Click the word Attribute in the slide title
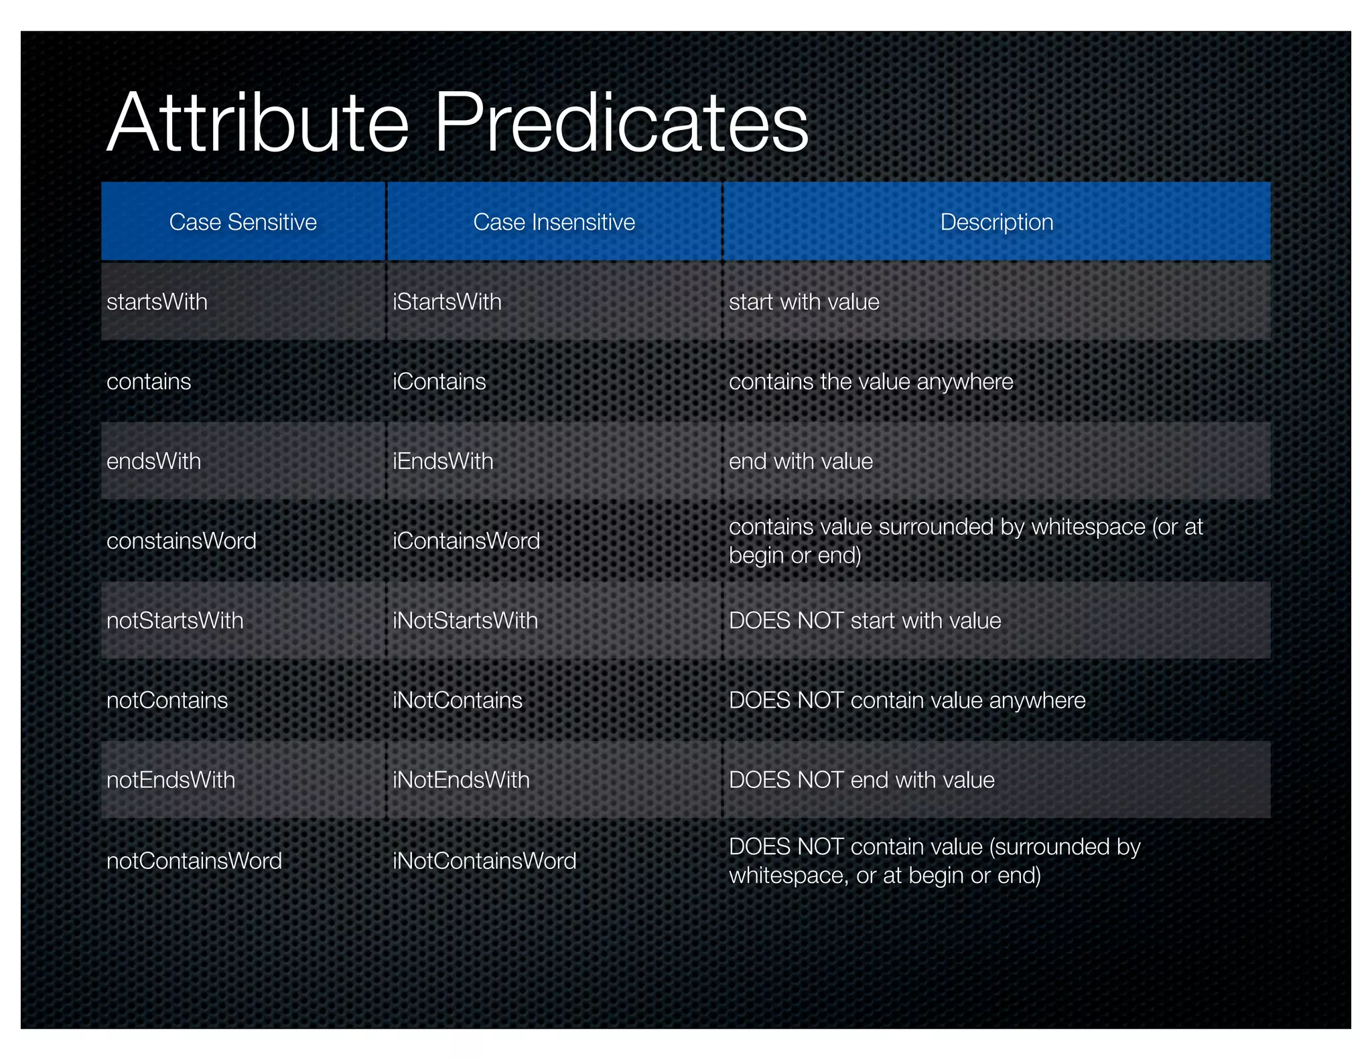258,123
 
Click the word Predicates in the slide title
621,123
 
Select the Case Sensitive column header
243,222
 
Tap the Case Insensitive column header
554,222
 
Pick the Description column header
996,222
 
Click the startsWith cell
157,302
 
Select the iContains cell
439,381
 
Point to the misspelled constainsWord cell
182,541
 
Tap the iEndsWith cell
443,461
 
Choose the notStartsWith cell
175,620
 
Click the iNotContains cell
458,700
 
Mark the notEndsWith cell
171,780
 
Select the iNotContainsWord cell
484,860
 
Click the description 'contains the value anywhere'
871,381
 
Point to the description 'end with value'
801,461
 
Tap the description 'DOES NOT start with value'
865,620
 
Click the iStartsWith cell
447,302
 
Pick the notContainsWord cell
194,860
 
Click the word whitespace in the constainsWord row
1088,527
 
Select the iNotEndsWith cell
461,780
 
